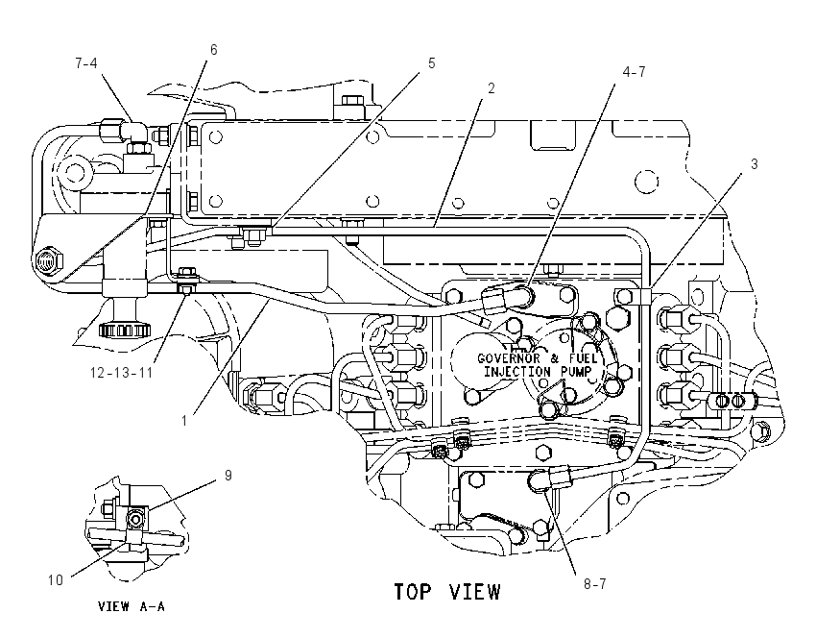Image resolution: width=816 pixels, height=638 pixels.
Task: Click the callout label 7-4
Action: pos(85,63)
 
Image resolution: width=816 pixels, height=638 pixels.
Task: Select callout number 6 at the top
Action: pos(213,49)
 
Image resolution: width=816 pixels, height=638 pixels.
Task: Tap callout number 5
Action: pos(431,63)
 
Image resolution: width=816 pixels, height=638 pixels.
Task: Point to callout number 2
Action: pos(491,88)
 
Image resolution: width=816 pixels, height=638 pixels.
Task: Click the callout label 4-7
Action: pos(634,72)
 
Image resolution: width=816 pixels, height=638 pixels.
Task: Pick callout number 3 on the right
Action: pos(754,164)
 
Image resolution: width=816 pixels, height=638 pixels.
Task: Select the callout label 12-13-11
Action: pos(121,373)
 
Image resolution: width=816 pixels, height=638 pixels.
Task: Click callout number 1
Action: pos(184,420)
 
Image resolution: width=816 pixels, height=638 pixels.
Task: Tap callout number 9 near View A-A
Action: pos(228,476)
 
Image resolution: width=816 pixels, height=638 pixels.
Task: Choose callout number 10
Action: pos(56,579)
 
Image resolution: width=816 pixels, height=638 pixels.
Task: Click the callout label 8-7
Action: pos(594,584)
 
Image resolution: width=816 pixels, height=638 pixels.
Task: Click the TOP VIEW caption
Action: pos(447,592)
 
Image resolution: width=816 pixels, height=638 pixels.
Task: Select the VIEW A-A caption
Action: pos(132,606)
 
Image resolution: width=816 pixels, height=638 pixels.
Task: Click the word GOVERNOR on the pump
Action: pos(509,358)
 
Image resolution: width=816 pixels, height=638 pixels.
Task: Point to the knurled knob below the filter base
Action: pos(125,330)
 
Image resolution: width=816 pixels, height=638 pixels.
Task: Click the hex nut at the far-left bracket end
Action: pos(49,258)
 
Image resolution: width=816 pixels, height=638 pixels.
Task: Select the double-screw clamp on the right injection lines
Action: pos(730,400)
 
